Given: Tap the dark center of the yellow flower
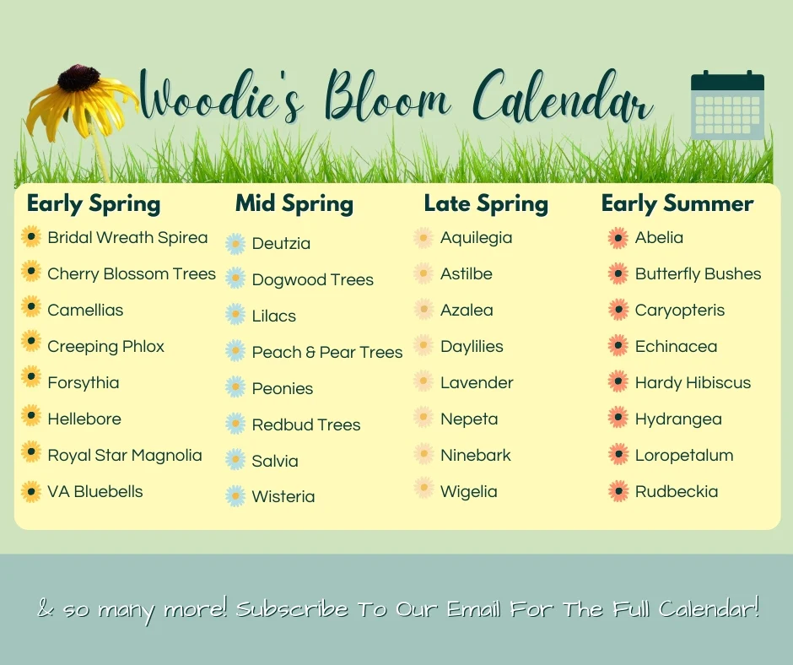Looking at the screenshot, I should pyautogui.click(x=78, y=78).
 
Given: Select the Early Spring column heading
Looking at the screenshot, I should pyautogui.click(x=94, y=203).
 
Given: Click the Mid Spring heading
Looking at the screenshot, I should pyautogui.click(x=294, y=203).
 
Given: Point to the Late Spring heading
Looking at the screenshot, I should pyautogui.click(x=486, y=203).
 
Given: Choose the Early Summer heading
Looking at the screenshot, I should pyautogui.click(x=677, y=203).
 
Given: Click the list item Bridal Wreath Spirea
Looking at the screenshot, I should pyautogui.click(x=127, y=237).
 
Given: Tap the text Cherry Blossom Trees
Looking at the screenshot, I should pyautogui.click(x=132, y=273).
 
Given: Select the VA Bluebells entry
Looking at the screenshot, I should pyautogui.click(x=95, y=491).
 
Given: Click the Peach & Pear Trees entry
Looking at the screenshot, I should pyautogui.click(x=327, y=352).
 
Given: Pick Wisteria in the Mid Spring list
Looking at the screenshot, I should pyautogui.click(x=283, y=496).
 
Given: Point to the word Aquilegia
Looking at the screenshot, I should pyautogui.click(x=476, y=237).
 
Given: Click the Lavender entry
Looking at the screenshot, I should pyautogui.click(x=477, y=382).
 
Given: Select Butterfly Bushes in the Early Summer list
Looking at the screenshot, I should pyautogui.click(x=698, y=273).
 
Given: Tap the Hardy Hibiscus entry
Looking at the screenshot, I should pyautogui.click(x=693, y=382).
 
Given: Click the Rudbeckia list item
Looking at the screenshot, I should pyautogui.click(x=677, y=491).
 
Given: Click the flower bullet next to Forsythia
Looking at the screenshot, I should pyautogui.click(x=31, y=377).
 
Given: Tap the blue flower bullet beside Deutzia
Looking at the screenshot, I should pyautogui.click(x=235, y=243).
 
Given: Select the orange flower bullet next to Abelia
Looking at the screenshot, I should pyautogui.click(x=618, y=238).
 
